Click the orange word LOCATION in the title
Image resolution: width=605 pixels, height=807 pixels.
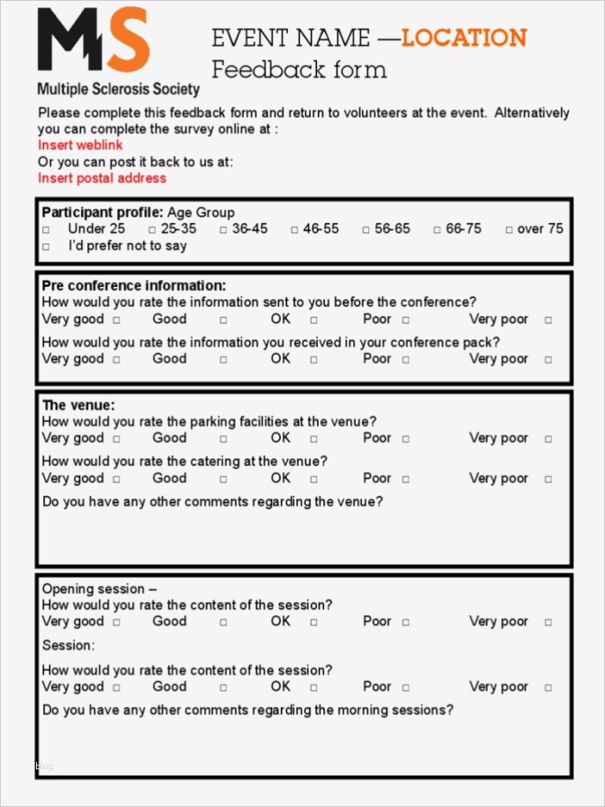coord(464,38)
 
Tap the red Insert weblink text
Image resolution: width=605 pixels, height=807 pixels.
coord(80,145)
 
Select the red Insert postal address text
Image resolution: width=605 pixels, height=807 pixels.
coord(102,178)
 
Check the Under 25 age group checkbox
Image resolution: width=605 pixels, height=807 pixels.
coord(47,230)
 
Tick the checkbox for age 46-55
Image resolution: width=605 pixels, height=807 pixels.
coord(294,230)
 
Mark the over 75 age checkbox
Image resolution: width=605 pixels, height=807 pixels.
coord(510,230)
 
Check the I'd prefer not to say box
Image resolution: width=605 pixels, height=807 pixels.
coord(47,247)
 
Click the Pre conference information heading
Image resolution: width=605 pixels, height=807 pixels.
coord(134,286)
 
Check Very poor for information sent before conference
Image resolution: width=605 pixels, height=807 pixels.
coord(548,320)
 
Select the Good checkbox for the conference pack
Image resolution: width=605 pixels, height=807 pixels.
coord(223,360)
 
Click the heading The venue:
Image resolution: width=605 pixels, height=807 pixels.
coord(78,406)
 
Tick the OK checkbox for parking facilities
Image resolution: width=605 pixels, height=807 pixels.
coord(314,439)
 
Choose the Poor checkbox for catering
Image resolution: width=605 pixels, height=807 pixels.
coord(406,480)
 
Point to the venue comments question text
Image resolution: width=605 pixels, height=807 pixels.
coord(212,502)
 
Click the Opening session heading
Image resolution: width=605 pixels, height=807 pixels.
coord(99,589)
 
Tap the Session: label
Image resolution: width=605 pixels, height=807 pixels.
coord(68,646)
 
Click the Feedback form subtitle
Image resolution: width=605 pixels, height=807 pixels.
coord(299,70)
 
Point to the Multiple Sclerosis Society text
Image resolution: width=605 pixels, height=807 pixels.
coord(118,89)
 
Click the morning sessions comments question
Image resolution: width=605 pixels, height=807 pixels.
coord(248,711)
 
